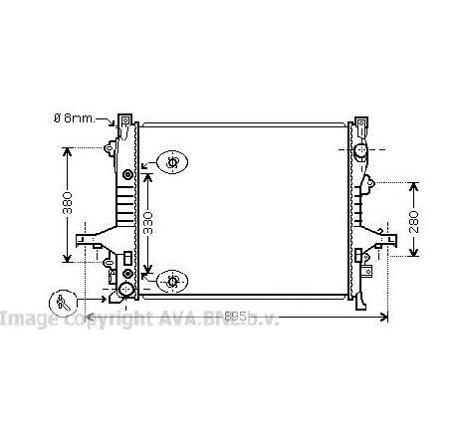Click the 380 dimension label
point(67,203)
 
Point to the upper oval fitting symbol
point(172,161)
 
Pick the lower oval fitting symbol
point(172,281)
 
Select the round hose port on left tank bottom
point(125,290)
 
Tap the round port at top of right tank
point(361,149)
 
